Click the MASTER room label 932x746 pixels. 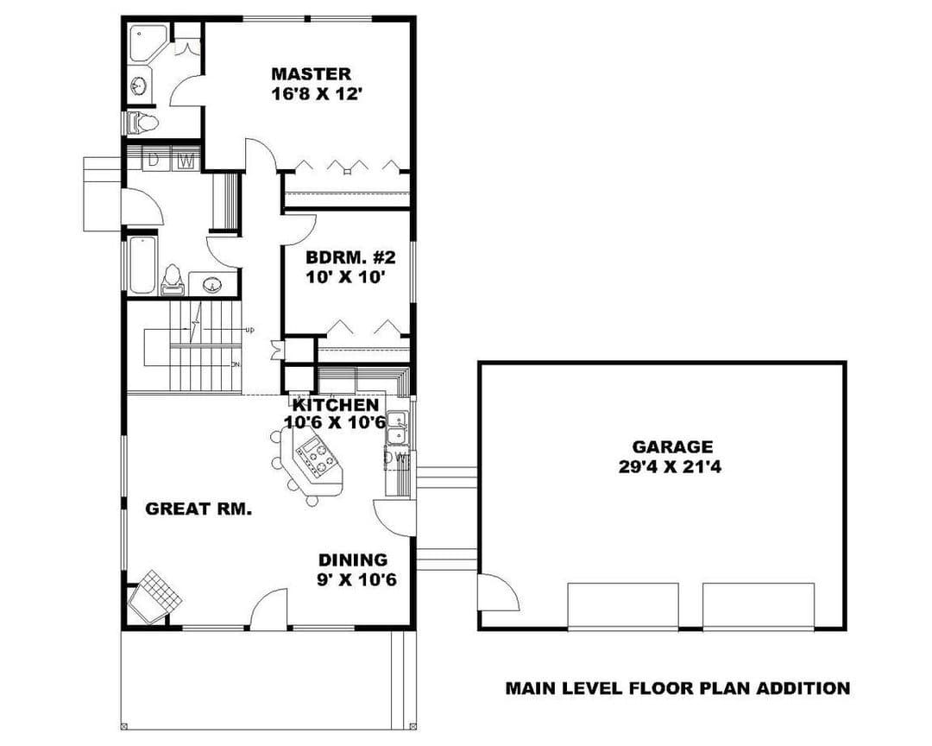click(311, 74)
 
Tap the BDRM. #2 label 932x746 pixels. click(350, 257)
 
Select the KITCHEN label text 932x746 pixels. click(336, 405)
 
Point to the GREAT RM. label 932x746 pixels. click(198, 509)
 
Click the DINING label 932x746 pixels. click(353, 559)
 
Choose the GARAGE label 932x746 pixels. click(672, 446)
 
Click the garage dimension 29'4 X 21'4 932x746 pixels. click(670, 467)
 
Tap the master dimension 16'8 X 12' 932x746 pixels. click(317, 94)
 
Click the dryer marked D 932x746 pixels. click(154, 160)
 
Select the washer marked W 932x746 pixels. click(186, 160)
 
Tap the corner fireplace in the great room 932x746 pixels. click(154, 597)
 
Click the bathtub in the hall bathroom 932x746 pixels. click(142, 265)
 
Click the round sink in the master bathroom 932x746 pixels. click(141, 85)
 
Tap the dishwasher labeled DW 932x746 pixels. click(396, 458)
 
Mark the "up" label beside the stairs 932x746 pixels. click(249, 330)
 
